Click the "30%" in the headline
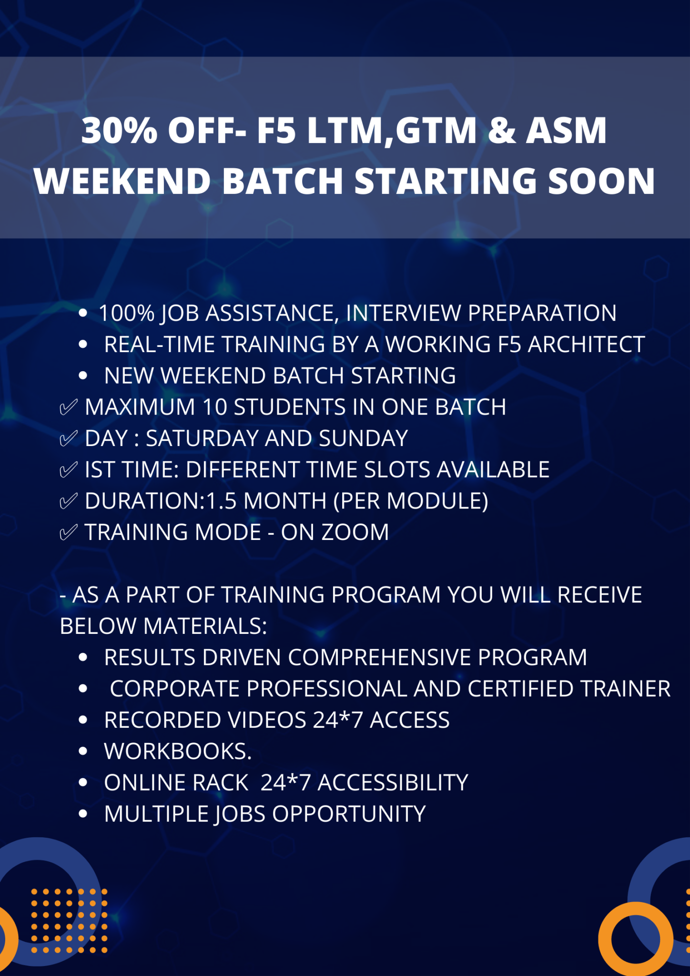click(x=119, y=131)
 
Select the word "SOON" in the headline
click(x=601, y=182)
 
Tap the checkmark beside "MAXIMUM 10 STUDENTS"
click(x=68, y=407)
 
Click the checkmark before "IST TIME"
click(x=68, y=469)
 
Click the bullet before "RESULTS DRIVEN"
click(x=83, y=658)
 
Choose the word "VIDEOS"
click(x=267, y=720)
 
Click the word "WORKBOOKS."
click(x=178, y=751)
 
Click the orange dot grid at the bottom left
click(x=69, y=920)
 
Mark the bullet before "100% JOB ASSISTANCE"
click(x=83, y=313)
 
